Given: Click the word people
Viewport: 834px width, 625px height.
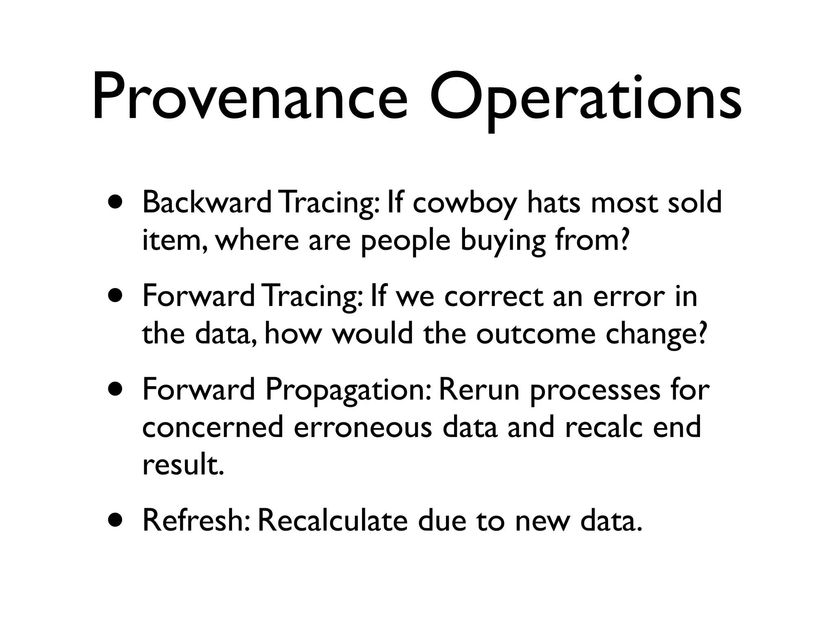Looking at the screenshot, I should click(406, 241).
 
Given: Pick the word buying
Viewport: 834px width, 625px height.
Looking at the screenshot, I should click(503, 241).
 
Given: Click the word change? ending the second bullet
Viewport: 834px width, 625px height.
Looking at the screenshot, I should click(656, 334).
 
